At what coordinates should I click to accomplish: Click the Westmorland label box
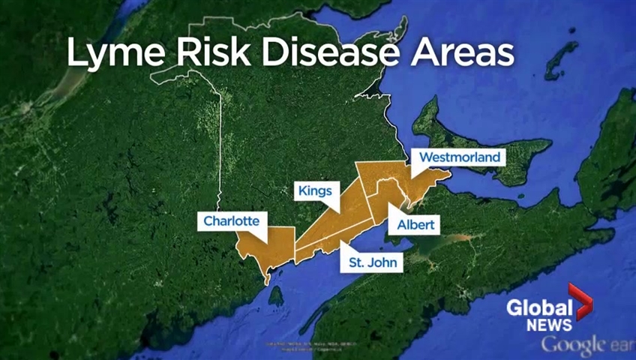pos(460,157)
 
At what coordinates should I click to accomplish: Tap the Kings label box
pos(314,190)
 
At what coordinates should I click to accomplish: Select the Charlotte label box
pos(232,221)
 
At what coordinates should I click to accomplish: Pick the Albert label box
pos(415,224)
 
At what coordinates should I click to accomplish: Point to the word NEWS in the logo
pos(548,325)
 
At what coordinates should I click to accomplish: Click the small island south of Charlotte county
pos(276,297)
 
